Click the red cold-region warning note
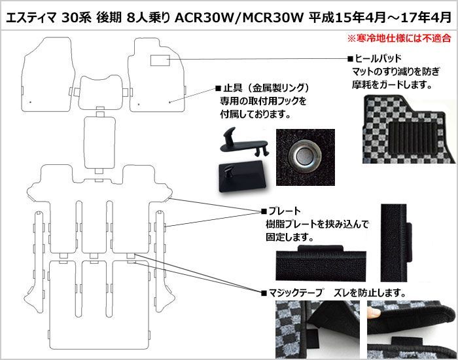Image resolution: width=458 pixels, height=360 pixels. [399, 38]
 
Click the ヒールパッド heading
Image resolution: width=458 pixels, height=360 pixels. [375, 58]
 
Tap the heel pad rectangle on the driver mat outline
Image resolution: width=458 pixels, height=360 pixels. [160, 60]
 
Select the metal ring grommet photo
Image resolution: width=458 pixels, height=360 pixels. [306, 157]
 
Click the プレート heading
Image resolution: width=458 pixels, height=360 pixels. [281, 211]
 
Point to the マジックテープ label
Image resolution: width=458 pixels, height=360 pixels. [292, 292]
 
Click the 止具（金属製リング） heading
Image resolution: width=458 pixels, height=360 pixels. [262, 88]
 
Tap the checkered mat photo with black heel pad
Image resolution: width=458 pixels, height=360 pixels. [410, 129]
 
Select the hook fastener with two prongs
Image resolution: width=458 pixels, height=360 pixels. [245, 142]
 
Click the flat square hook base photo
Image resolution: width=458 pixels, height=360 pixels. [242, 175]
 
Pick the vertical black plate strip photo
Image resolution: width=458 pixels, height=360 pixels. [396, 243]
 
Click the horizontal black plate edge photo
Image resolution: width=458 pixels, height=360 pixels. [321, 263]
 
